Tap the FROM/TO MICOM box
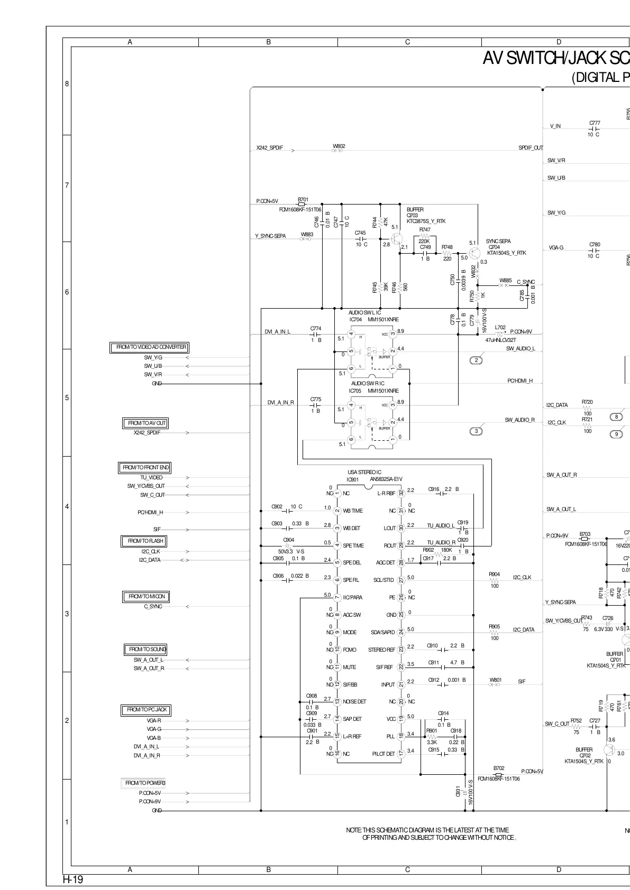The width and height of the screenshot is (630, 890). point(147,597)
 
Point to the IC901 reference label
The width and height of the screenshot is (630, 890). point(353,479)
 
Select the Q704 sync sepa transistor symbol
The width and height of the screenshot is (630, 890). point(474,253)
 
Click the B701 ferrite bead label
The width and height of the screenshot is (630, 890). point(303,200)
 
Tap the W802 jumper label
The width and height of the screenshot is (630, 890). point(339,146)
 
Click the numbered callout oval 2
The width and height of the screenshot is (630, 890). point(476,360)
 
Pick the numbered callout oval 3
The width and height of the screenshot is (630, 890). point(476,431)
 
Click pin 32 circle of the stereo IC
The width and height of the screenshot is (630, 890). point(401,493)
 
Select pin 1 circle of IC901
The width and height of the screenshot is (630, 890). point(337,493)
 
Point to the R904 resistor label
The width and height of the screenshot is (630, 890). point(494,574)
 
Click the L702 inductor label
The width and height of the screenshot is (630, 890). point(500,328)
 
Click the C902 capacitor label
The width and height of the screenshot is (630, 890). point(277,506)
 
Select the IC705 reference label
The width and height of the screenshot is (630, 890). point(355,391)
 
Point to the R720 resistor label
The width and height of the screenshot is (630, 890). point(587,402)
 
